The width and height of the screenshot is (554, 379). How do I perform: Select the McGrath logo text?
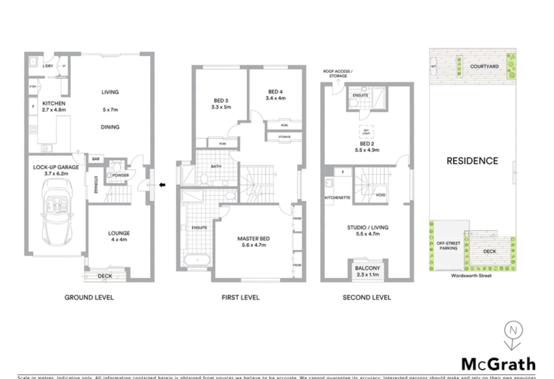(498, 364)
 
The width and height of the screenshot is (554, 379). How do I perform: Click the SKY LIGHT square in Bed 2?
(366, 132)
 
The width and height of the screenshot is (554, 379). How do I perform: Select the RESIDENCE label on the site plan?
(472, 161)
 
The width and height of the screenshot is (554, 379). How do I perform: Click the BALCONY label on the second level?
(368, 268)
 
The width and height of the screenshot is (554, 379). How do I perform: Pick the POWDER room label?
(120, 175)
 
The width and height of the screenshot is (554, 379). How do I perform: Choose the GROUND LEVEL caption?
(89, 297)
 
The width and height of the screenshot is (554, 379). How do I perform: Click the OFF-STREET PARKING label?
(449, 246)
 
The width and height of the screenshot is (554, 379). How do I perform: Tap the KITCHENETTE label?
(337, 197)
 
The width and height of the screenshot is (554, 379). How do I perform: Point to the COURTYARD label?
(484, 66)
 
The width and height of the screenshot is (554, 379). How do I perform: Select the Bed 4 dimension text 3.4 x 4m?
(275, 98)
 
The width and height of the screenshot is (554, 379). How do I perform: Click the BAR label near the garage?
(96, 159)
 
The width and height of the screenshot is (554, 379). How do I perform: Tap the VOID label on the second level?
(380, 195)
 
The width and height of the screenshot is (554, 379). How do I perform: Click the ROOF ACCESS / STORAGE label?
(338, 74)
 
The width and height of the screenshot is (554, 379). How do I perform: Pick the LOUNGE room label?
(119, 233)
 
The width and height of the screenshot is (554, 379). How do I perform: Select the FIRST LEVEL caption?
(240, 297)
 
